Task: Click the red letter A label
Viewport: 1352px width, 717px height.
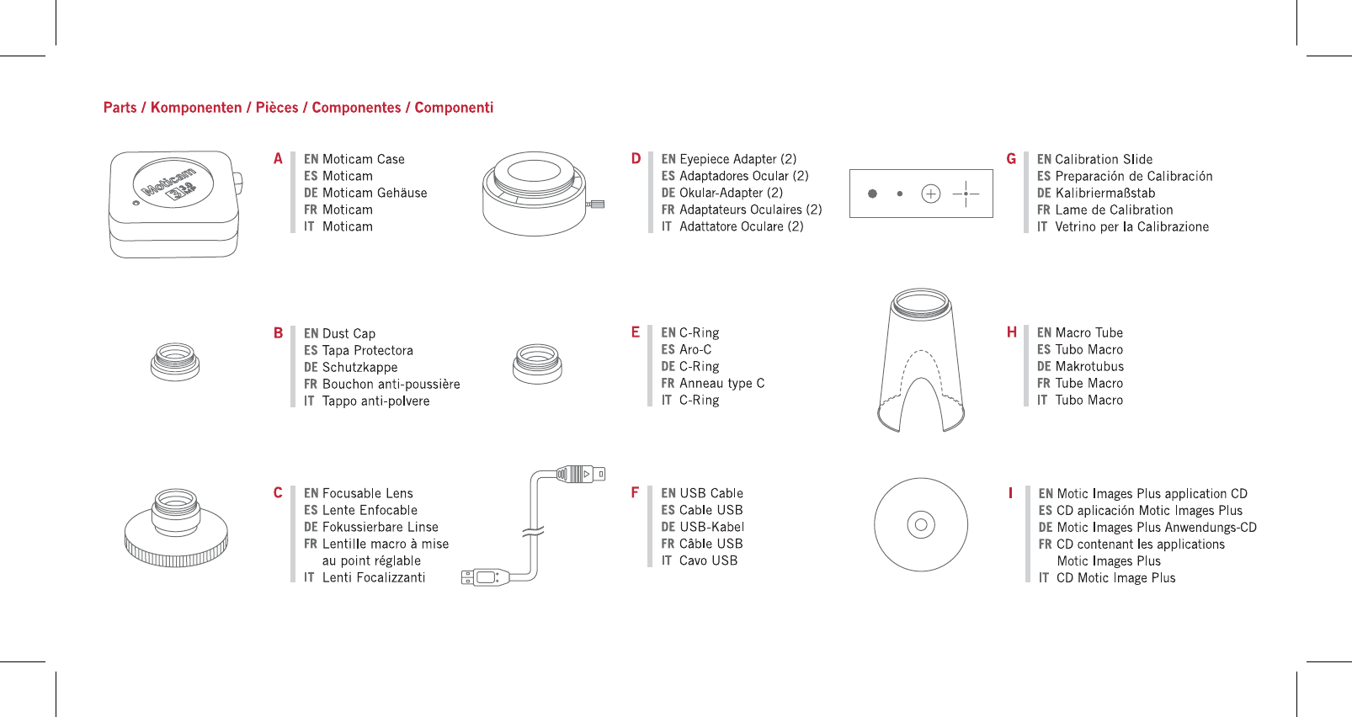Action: [x=278, y=158]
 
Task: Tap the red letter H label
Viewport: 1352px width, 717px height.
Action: [x=1012, y=332]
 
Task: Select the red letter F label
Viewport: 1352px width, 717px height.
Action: [x=635, y=492]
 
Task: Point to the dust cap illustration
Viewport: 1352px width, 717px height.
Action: [x=175, y=361]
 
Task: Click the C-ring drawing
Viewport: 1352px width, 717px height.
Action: [x=537, y=364]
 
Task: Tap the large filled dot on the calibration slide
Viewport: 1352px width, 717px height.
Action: [x=872, y=194]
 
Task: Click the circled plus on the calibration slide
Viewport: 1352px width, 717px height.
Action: [x=930, y=194]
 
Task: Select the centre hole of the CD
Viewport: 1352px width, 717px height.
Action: [x=920, y=525]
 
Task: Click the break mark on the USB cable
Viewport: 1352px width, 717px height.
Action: [x=533, y=531]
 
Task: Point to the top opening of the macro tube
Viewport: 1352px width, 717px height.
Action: [x=921, y=300]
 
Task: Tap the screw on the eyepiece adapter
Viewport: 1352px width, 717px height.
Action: [x=597, y=204]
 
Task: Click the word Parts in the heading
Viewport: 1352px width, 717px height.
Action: [x=120, y=108]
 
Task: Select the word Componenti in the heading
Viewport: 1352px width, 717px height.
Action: [x=454, y=108]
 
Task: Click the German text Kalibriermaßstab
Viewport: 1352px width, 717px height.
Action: [x=1104, y=193]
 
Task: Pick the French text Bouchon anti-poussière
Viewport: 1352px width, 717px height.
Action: [x=391, y=384]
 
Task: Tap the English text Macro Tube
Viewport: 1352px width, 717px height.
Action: [x=1089, y=332]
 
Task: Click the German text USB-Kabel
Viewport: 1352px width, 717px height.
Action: [x=711, y=527]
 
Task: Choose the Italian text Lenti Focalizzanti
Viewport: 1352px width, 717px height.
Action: [x=374, y=577]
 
